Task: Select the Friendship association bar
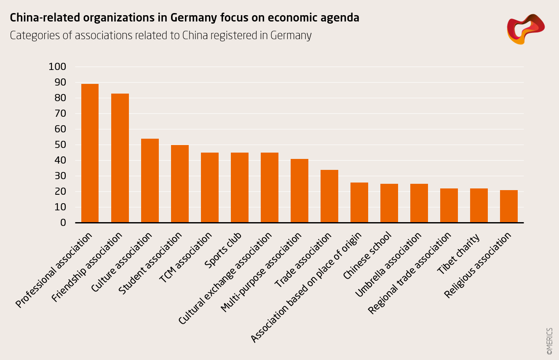click(120, 158)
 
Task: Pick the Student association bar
click(179, 184)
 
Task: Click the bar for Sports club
click(240, 188)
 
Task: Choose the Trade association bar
click(329, 196)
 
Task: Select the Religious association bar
click(509, 206)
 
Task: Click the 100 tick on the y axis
click(57, 67)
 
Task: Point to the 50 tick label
click(60, 145)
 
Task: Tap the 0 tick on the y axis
click(63, 223)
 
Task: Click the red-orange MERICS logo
click(525, 29)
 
